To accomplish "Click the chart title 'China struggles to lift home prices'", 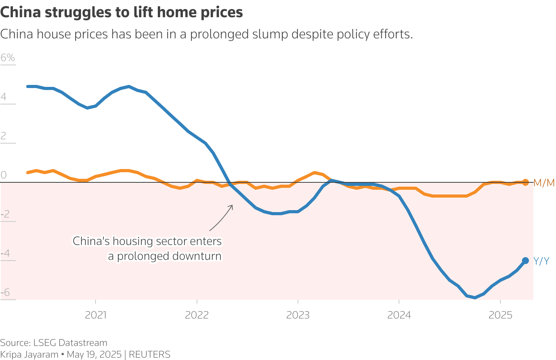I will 121,13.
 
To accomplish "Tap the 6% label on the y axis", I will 8,58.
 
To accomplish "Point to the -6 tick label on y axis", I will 5,293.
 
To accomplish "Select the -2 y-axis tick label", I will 5,214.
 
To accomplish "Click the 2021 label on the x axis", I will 96,315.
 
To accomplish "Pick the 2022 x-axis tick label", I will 197,315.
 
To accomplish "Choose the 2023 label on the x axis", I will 298,315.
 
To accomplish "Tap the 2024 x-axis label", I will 399,315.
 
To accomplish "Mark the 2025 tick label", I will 500,315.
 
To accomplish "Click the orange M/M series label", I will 544,183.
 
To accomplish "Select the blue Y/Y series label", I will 541,261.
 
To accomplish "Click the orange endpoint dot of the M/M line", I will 525,182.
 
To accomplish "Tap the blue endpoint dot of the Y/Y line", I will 525,261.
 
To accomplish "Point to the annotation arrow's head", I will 232,205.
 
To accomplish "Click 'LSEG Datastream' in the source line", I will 70,343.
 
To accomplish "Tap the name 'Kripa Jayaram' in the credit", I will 29,355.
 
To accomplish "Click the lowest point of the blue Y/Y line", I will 475,297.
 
